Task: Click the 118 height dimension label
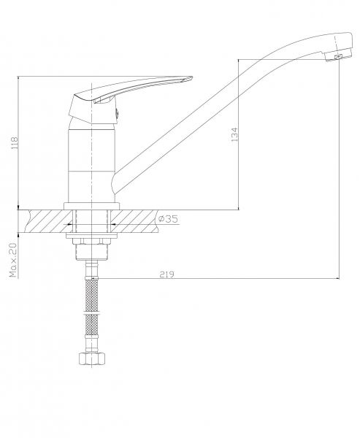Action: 15,143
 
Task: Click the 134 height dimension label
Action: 234,134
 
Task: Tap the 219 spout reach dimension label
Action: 167,274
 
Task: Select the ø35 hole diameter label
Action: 168,219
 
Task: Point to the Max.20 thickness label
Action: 13,260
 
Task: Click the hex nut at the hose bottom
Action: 92,358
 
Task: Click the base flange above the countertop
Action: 92,206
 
